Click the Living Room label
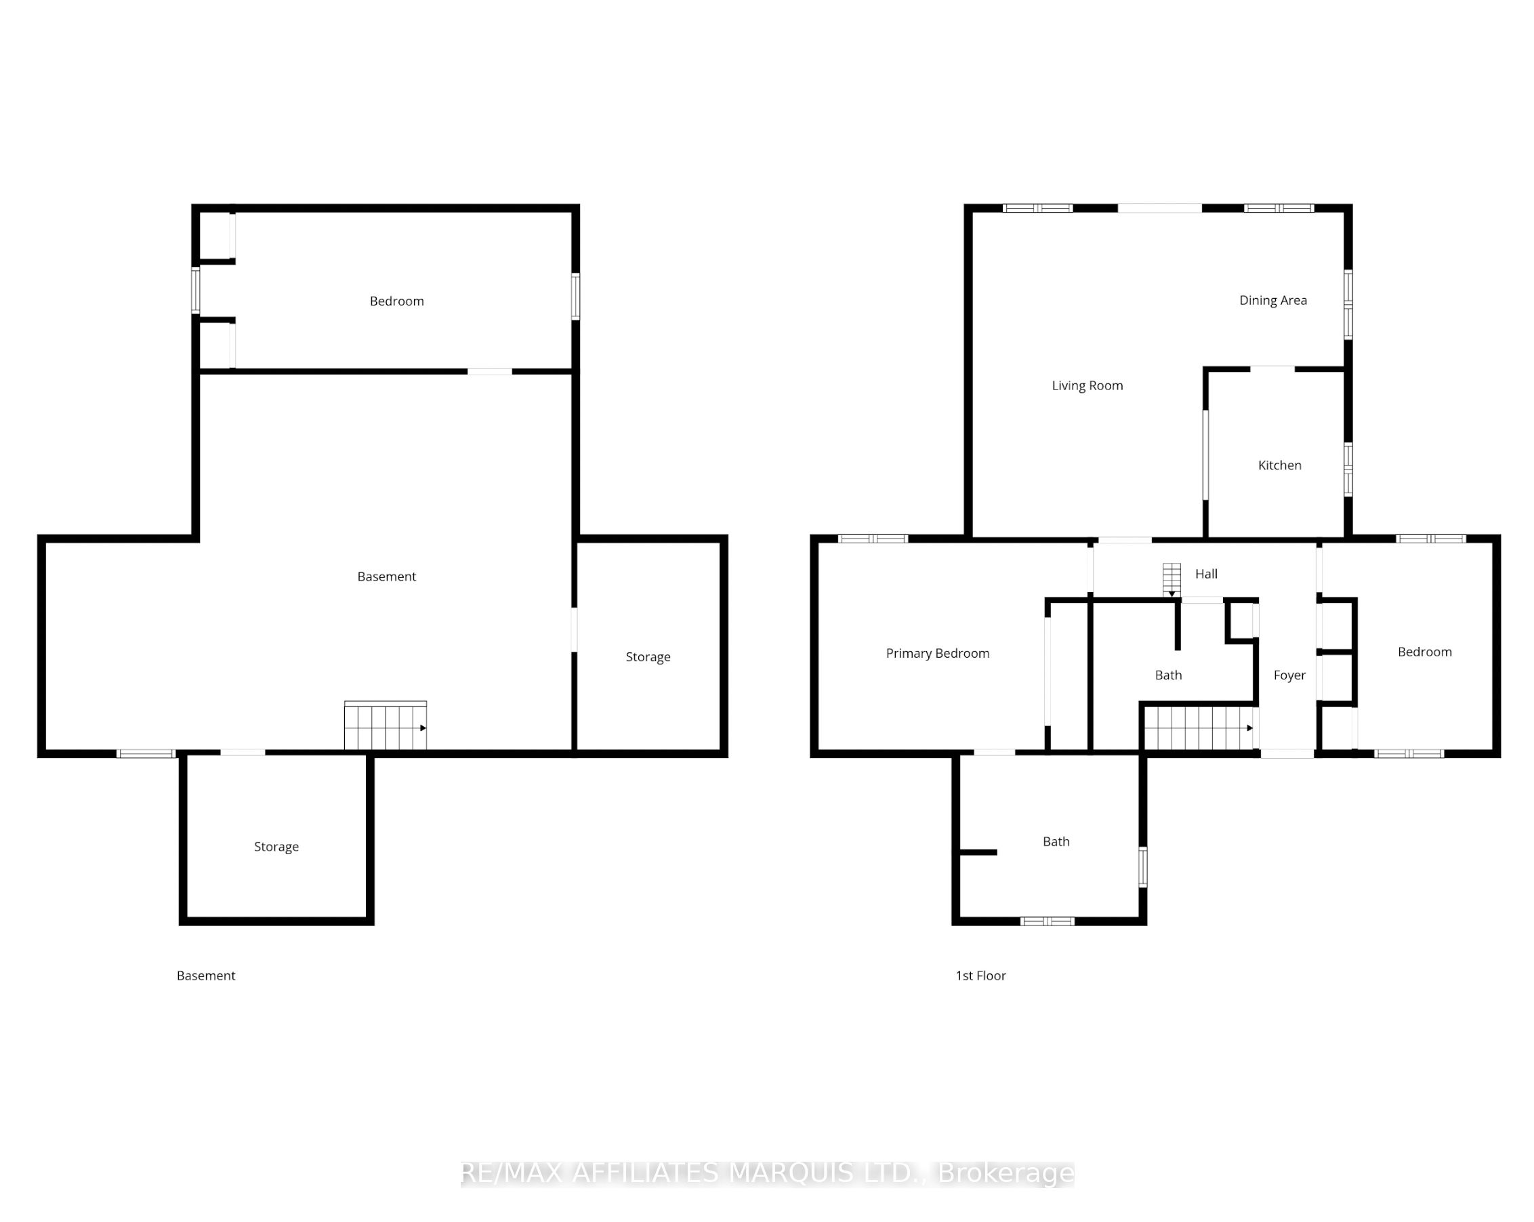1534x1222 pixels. (1087, 385)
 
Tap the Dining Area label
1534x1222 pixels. (1273, 300)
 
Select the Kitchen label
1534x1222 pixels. (1279, 465)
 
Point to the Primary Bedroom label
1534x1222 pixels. (937, 654)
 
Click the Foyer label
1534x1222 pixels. (1289, 675)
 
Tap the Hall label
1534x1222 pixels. (1206, 574)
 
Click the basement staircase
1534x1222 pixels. (386, 725)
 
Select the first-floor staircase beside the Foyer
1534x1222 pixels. (1199, 728)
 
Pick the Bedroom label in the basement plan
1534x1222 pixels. (396, 301)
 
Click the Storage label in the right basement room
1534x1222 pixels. (648, 657)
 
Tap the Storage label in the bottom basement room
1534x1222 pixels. (276, 847)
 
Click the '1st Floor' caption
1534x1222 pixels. (980, 976)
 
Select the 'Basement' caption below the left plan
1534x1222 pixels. (205, 976)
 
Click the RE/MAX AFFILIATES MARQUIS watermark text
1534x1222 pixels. (767, 1173)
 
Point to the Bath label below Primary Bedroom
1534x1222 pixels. (1056, 842)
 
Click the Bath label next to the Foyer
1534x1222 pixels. (1168, 675)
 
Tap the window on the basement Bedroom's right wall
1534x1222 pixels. (576, 297)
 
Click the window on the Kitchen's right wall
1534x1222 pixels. (1348, 469)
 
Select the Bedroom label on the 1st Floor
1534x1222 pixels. (1424, 652)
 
